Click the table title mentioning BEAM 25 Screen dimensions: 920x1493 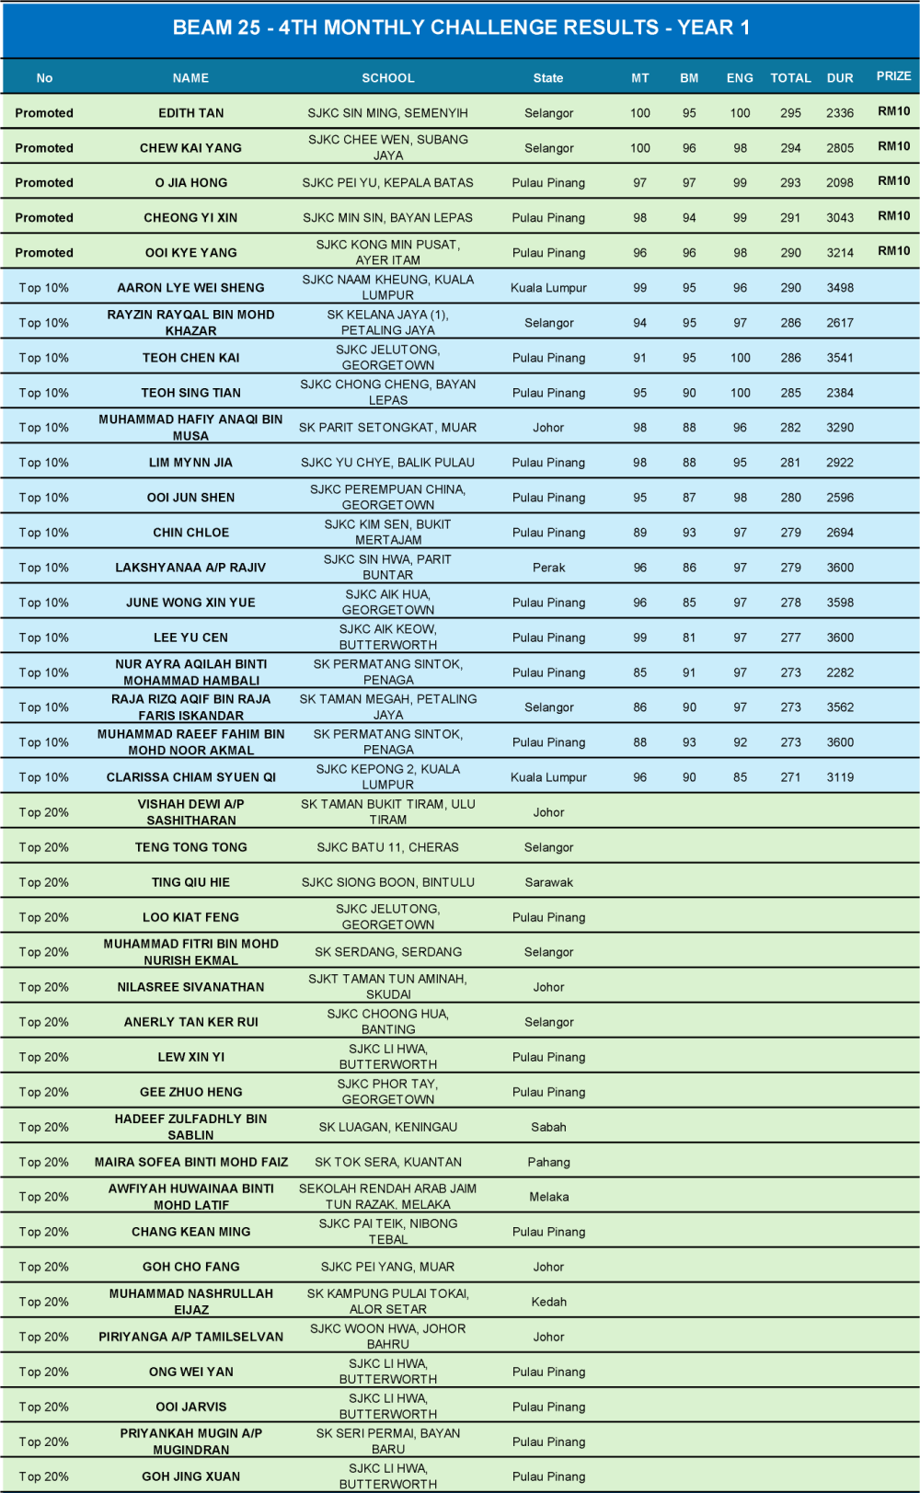click(x=461, y=28)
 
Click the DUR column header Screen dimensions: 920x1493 click(x=839, y=78)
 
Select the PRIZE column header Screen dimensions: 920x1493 click(x=893, y=76)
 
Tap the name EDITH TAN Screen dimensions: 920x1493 click(x=190, y=113)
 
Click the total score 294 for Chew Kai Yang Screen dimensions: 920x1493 click(x=790, y=148)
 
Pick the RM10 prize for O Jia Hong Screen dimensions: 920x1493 click(x=893, y=181)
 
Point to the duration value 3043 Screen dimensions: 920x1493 click(x=839, y=218)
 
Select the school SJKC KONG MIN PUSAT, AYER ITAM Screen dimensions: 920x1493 click(x=387, y=252)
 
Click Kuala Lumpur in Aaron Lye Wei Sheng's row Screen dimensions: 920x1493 click(x=548, y=288)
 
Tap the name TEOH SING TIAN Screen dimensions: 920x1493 click(x=190, y=393)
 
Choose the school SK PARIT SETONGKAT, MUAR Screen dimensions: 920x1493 click(x=387, y=428)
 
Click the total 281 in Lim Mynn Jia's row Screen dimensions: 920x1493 click(x=790, y=463)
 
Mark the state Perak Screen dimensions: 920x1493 click(x=548, y=568)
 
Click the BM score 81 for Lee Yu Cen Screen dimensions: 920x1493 click(x=689, y=637)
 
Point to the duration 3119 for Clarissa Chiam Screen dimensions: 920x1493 click(x=839, y=777)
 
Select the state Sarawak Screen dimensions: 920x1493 click(x=548, y=882)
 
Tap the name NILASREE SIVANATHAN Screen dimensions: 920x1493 click(x=190, y=987)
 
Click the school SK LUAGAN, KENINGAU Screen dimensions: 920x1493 click(x=387, y=1127)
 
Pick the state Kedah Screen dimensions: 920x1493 click(x=548, y=1302)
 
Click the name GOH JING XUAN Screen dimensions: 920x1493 click(x=190, y=1476)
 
